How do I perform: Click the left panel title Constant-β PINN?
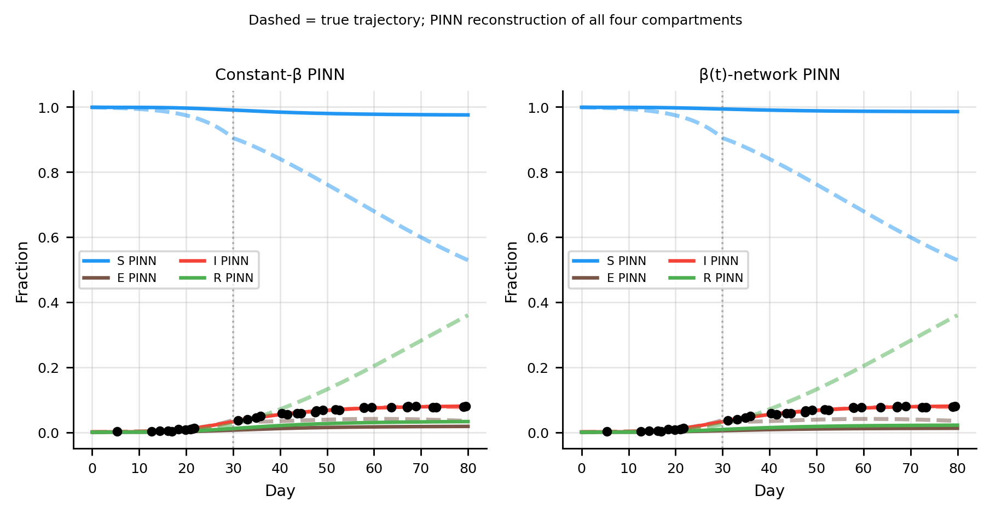click(x=280, y=75)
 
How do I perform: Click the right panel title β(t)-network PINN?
click(x=769, y=75)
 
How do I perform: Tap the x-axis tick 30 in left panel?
click(x=233, y=469)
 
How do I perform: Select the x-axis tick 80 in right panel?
click(x=957, y=469)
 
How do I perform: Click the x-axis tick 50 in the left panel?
click(x=327, y=469)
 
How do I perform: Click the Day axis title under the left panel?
click(x=280, y=491)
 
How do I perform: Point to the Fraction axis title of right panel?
click(x=512, y=272)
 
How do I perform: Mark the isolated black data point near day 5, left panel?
click(x=117, y=431)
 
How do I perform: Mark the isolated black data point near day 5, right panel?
click(x=607, y=431)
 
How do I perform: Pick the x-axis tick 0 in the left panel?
click(x=92, y=469)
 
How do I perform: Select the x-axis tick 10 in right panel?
click(x=628, y=469)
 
